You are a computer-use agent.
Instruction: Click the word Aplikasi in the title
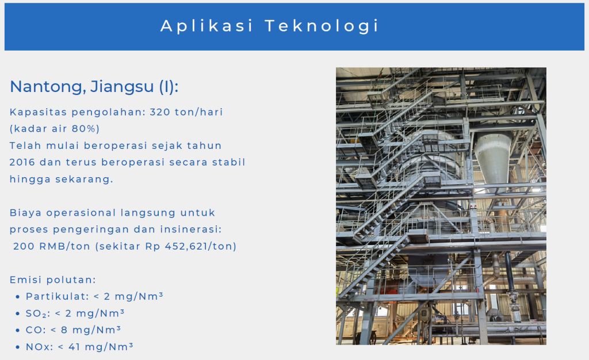[206, 26]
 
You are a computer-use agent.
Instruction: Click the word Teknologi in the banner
[322, 26]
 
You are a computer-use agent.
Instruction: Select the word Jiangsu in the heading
[122, 87]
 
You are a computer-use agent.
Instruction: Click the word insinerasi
[191, 229]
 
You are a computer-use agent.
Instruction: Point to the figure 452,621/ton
[199, 246]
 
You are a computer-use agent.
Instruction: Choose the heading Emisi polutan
[53, 279]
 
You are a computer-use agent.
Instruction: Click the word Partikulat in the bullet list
[57, 297]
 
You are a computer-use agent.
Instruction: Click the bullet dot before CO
[18, 330]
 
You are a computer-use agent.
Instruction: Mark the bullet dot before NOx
[18, 347]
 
